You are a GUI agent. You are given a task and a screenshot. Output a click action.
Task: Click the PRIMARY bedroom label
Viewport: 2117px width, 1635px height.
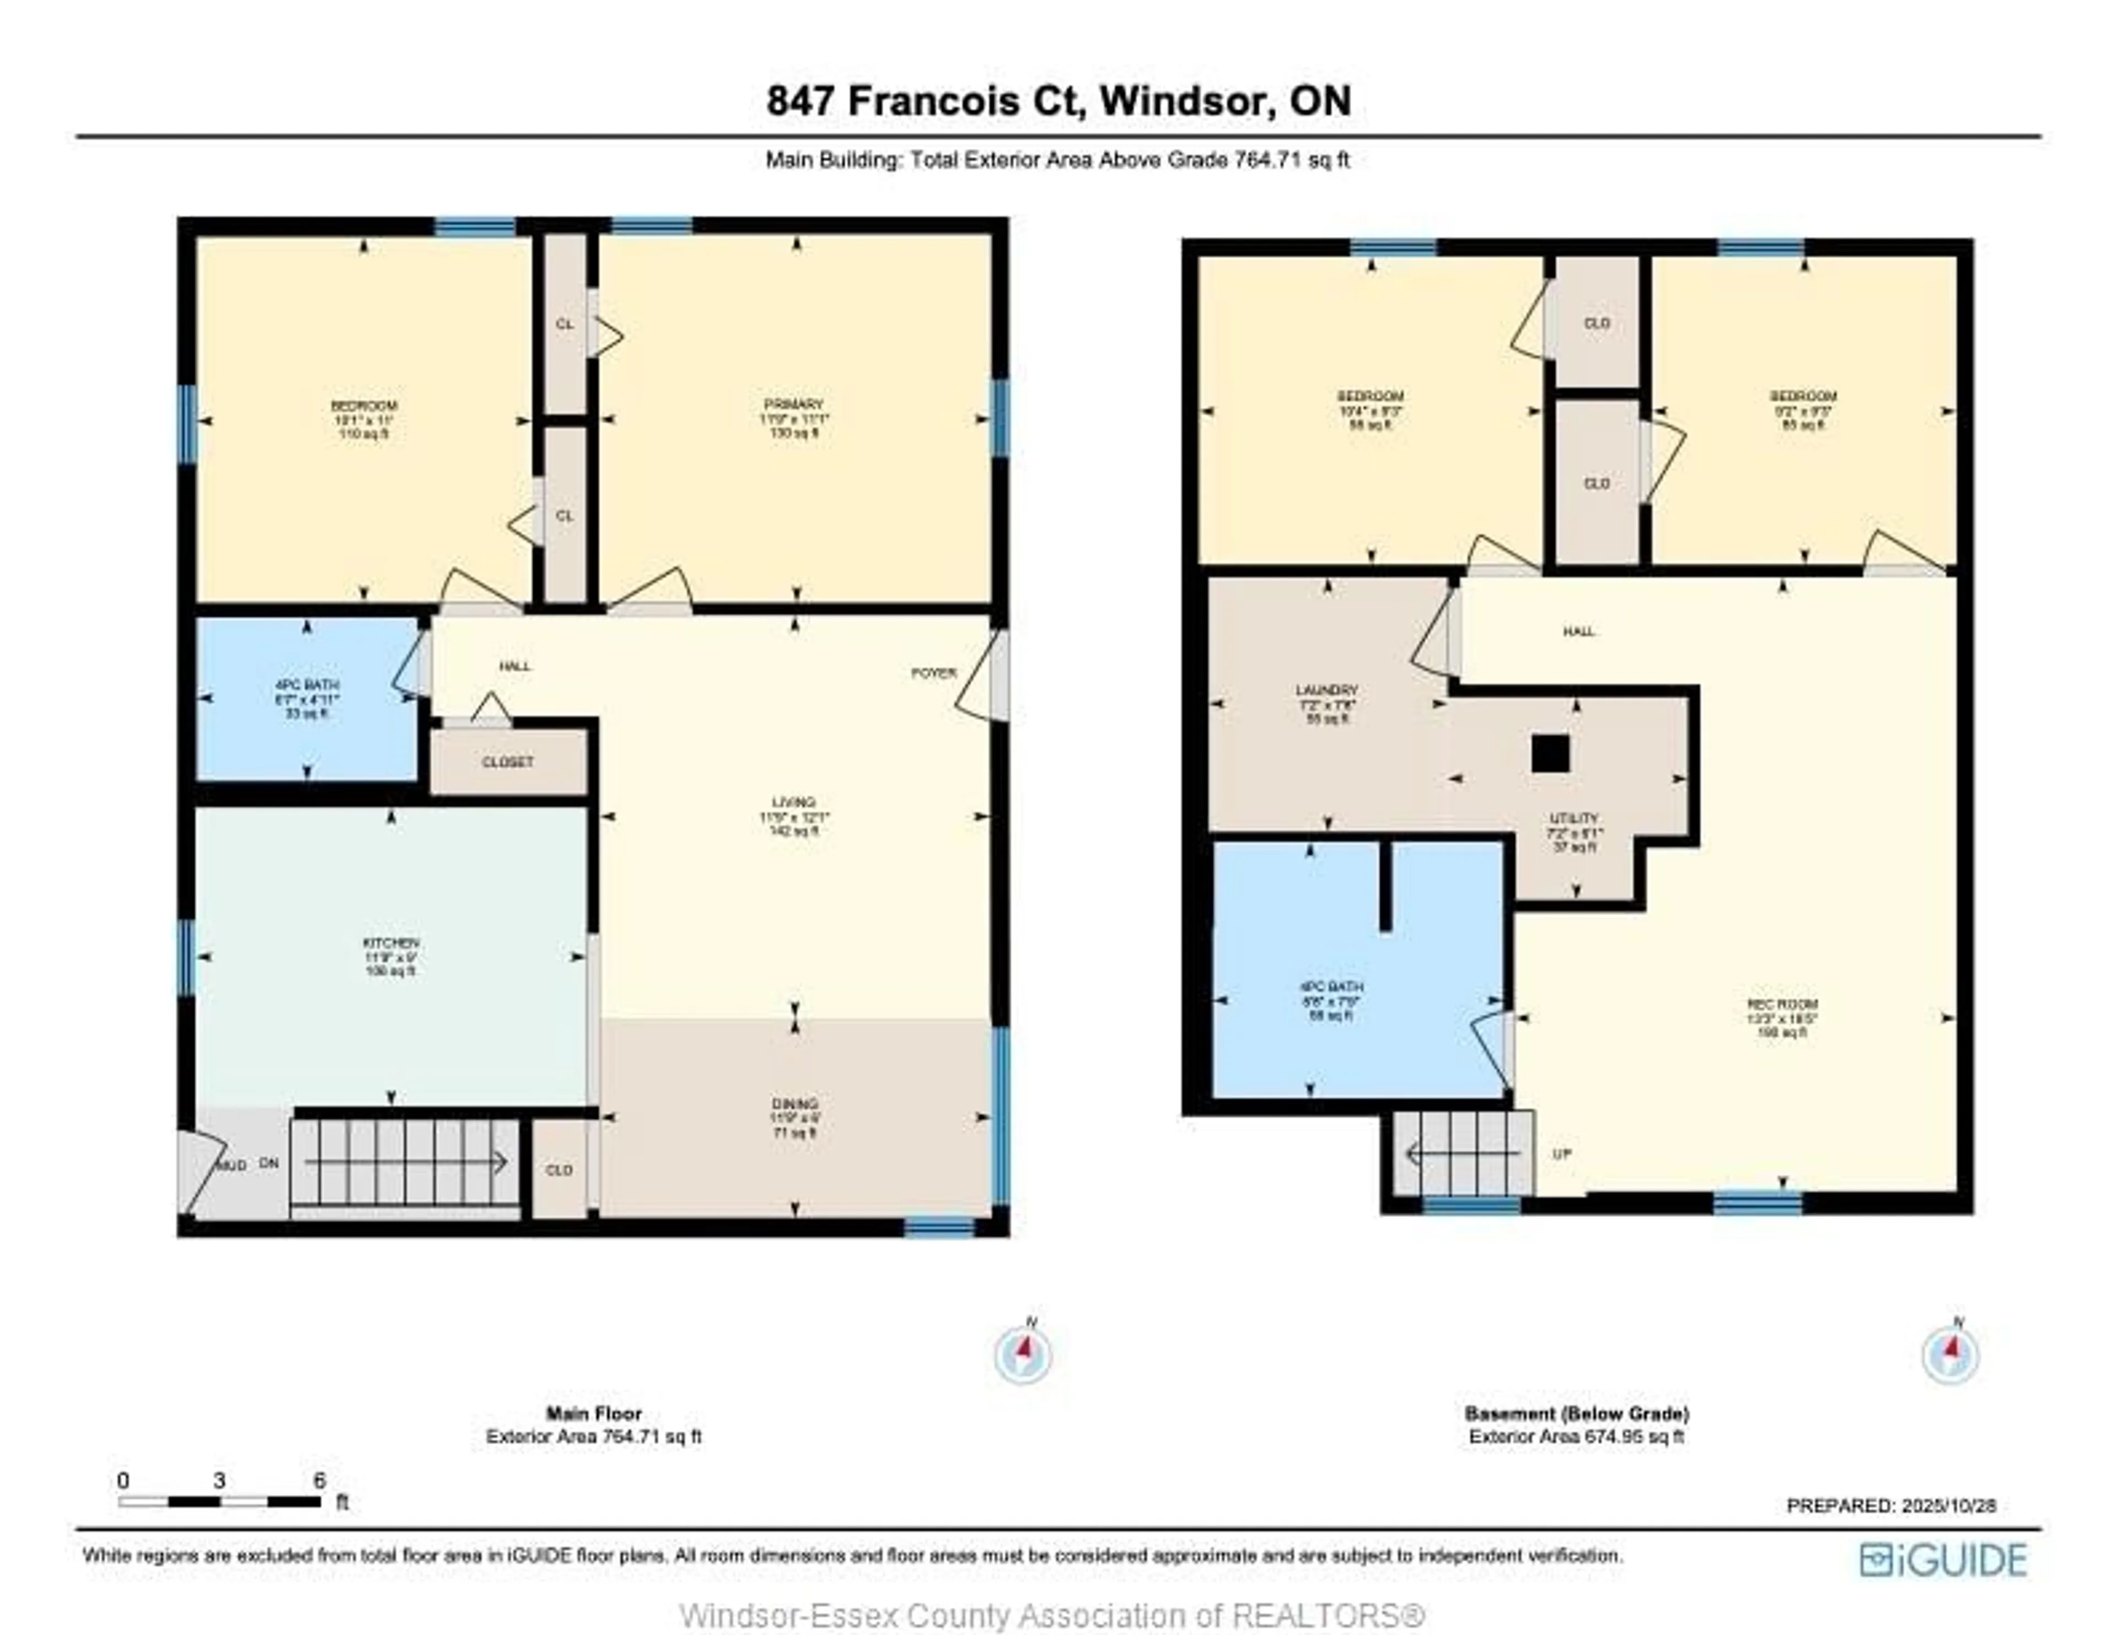click(x=793, y=405)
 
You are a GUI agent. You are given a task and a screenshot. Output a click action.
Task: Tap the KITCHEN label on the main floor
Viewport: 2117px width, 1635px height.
click(x=391, y=943)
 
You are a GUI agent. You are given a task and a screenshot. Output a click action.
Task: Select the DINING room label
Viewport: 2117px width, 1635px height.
click(x=794, y=1104)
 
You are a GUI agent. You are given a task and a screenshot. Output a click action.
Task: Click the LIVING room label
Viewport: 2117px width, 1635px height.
click(x=793, y=802)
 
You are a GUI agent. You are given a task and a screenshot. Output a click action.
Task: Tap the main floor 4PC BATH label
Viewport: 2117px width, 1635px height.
click(x=307, y=685)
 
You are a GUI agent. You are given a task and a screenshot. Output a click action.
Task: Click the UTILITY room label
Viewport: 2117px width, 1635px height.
click(x=1573, y=819)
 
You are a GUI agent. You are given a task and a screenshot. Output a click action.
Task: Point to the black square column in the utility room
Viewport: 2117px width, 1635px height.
click(x=1550, y=753)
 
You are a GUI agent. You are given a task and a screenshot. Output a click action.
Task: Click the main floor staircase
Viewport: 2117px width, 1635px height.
click(x=405, y=1162)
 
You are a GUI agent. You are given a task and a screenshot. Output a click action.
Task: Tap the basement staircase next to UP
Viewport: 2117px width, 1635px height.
click(x=1464, y=1153)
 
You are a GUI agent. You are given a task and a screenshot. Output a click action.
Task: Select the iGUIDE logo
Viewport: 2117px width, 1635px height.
click(x=1943, y=1560)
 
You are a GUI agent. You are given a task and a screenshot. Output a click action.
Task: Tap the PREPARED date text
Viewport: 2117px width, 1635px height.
click(x=1890, y=1505)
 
